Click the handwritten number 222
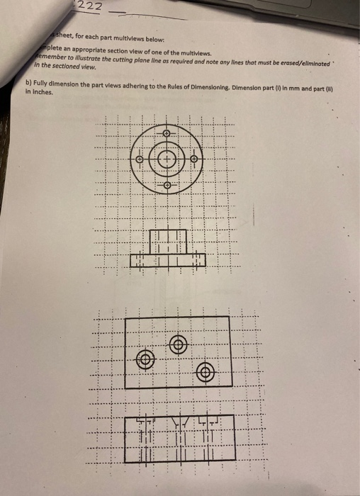90,6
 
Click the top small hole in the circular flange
167,133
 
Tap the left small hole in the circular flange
140,159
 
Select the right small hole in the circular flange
194,159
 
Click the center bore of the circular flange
167,159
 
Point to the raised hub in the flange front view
168,242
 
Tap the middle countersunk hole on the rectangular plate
178,344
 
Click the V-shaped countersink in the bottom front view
178,423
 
